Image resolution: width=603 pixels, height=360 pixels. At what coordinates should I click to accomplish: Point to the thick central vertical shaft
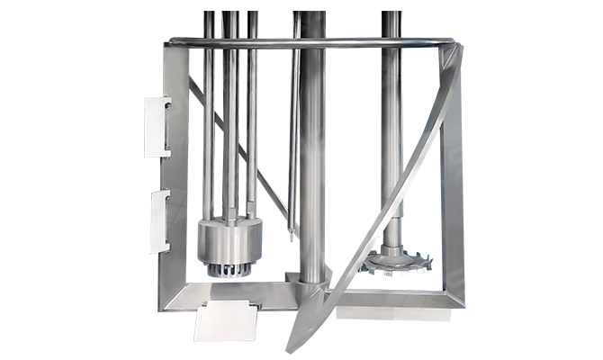coord(312,162)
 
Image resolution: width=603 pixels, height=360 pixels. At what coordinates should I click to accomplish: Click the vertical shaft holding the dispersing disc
coord(392,135)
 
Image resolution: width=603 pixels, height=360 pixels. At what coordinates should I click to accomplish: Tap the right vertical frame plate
coord(449,180)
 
